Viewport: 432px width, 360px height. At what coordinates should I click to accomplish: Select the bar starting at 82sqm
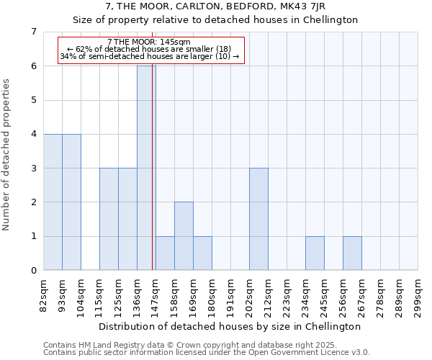(53, 202)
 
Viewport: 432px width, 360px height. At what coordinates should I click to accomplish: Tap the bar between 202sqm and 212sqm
(258, 219)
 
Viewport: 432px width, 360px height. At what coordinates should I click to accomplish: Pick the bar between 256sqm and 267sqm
(352, 253)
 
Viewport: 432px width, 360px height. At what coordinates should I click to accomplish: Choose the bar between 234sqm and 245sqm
(315, 253)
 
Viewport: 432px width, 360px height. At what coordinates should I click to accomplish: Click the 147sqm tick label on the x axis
(156, 296)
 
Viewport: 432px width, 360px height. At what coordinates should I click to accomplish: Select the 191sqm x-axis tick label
(231, 296)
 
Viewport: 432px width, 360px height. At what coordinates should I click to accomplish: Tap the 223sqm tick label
(287, 296)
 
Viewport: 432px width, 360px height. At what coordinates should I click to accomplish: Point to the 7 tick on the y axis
(33, 32)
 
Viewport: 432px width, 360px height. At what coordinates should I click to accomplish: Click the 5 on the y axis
(33, 100)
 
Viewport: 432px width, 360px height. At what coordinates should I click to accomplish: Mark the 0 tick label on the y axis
(33, 271)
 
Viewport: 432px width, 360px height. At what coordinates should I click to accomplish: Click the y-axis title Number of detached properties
(7, 155)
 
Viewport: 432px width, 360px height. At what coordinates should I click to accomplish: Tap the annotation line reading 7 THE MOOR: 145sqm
(148, 42)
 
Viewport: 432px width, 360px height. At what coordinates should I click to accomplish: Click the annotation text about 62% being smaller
(148, 49)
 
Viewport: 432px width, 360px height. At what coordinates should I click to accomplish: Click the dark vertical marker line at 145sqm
(153, 180)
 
